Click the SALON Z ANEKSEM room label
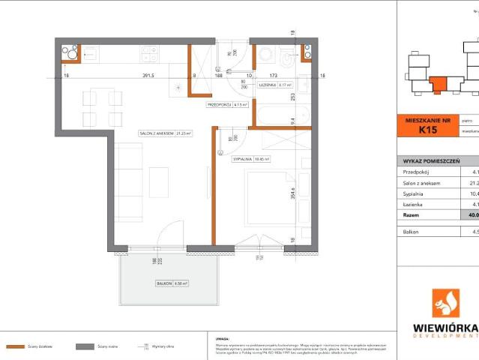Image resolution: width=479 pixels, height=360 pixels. point(165,133)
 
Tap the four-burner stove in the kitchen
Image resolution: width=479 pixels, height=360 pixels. point(148,54)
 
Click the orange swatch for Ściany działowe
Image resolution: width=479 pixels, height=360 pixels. point(16,347)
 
